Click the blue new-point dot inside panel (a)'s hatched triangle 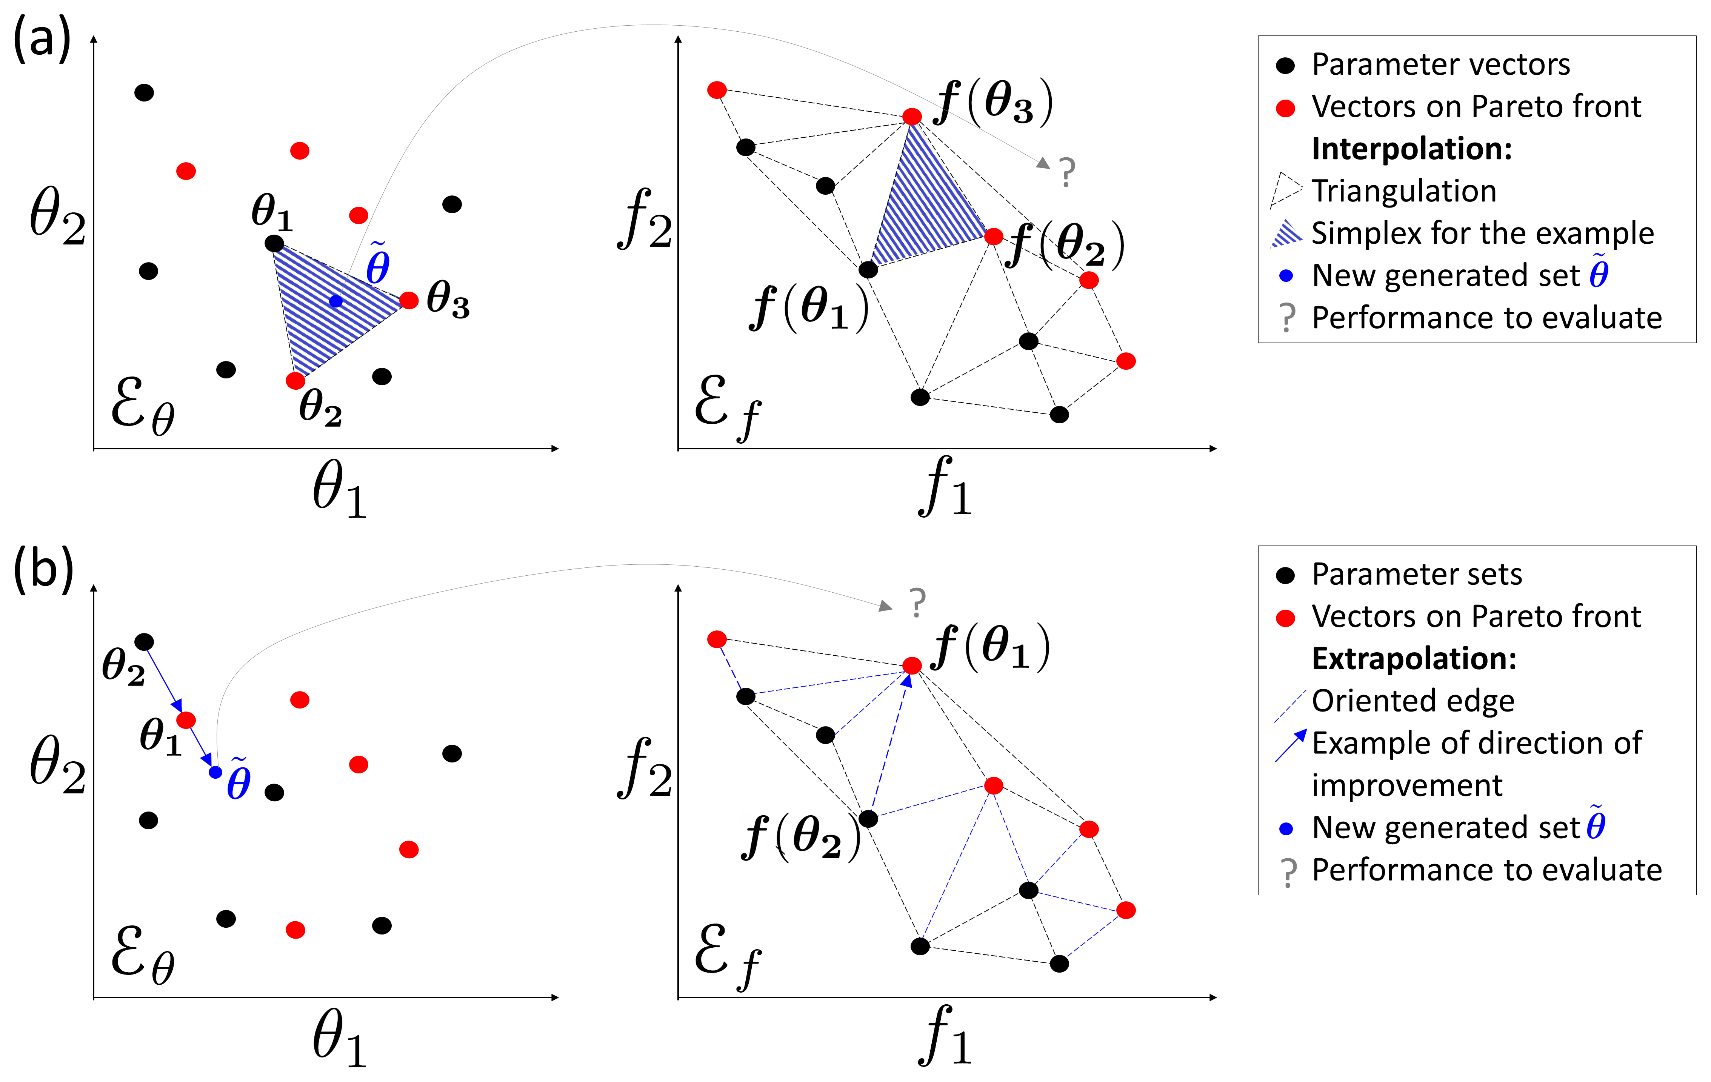tap(336, 301)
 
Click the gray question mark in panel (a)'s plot tap(1066, 173)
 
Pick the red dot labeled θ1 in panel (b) tap(186, 720)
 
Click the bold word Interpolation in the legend tap(1411, 149)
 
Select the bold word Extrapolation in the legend tap(1414, 659)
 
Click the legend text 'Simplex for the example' tap(1482, 233)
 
